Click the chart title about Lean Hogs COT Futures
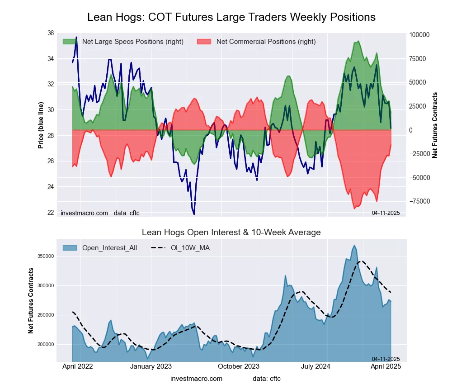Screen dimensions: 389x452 point(231,17)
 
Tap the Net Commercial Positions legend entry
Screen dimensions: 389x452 point(256,42)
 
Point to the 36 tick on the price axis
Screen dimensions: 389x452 point(50,33)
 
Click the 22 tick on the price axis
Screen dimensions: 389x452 point(50,213)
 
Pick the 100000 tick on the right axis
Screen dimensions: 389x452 point(419,35)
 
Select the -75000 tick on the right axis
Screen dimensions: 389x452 point(419,201)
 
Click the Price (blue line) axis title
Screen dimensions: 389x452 point(41,126)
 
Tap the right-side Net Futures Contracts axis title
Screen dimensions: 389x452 point(435,125)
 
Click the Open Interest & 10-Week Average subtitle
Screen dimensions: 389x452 point(231,232)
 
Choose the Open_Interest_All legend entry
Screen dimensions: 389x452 point(100,248)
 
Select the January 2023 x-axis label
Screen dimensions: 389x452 point(151,366)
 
